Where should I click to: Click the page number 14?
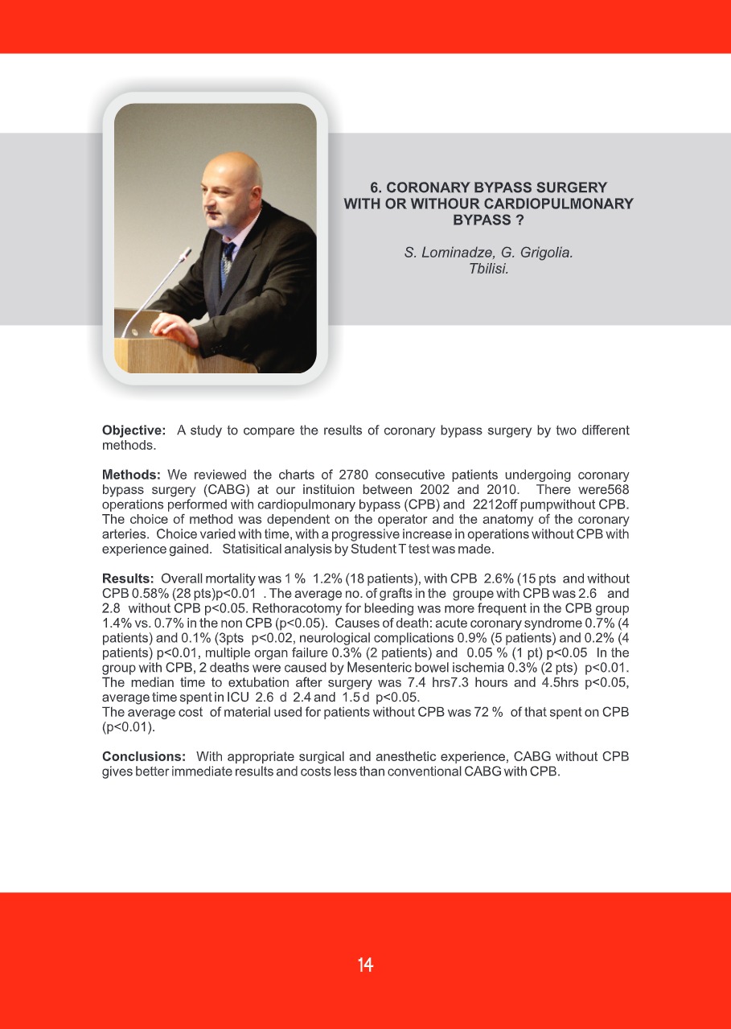tap(365, 965)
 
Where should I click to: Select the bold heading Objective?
tap(133, 430)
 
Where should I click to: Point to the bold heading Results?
tap(128, 578)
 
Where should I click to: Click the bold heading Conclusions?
tap(144, 756)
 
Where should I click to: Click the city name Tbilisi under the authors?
tap(489, 268)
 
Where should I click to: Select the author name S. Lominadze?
tap(440, 253)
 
